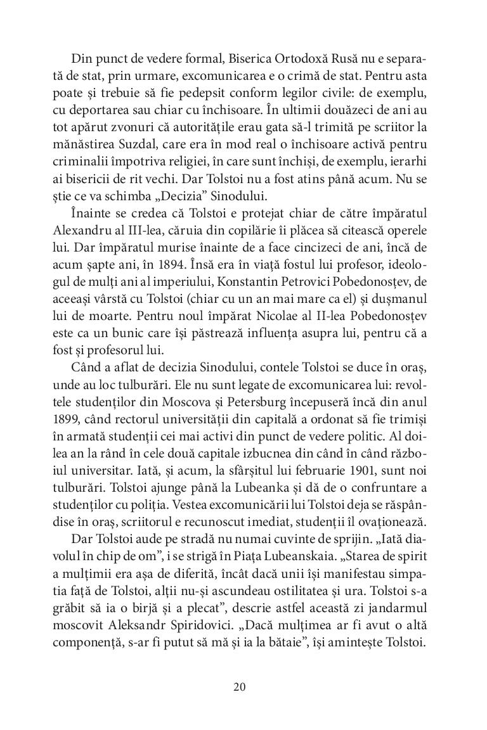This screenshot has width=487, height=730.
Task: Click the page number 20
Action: coord(239,686)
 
